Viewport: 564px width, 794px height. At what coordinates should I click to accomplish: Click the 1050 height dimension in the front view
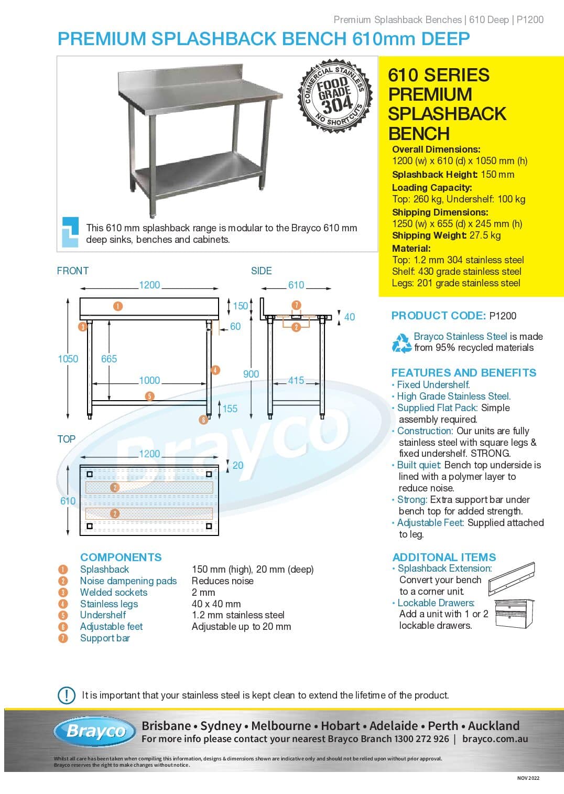68,359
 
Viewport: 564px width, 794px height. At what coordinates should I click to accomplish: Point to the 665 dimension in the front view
109,359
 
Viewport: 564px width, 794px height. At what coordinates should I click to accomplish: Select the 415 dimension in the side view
296,380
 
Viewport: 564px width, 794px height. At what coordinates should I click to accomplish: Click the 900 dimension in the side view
251,374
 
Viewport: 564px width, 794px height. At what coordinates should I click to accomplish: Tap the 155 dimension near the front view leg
230,409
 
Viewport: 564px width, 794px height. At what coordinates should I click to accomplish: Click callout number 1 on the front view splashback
118,306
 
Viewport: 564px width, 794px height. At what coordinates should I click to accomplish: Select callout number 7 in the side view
296,305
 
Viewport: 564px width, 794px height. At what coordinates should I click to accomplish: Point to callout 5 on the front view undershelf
150,396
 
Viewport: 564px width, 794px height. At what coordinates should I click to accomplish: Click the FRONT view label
73,271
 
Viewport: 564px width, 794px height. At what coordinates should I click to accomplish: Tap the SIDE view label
261,271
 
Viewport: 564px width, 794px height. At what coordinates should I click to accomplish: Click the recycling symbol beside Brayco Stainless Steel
402,342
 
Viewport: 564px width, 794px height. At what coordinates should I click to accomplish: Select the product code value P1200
503,316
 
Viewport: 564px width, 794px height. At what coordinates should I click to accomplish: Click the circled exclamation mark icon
67,695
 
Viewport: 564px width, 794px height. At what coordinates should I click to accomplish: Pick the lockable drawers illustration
514,614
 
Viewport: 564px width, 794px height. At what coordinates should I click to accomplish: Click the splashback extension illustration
511,579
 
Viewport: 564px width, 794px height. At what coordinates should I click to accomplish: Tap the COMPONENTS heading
121,557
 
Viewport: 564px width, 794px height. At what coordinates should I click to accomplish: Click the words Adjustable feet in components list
111,626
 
